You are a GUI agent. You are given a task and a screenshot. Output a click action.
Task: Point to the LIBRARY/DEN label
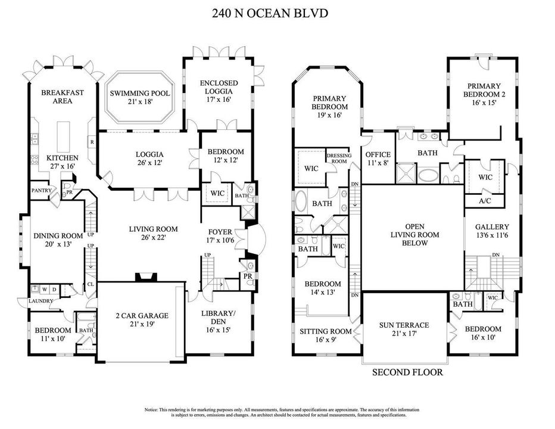[x=219, y=317]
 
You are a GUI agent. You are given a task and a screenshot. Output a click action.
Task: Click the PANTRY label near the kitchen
[x=42, y=191]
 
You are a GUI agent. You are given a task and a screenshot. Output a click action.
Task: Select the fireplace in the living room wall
[x=146, y=276]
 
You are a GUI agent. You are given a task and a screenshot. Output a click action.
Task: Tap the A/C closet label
[x=485, y=201]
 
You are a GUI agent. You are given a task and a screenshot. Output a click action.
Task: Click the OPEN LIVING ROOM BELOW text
[x=414, y=235]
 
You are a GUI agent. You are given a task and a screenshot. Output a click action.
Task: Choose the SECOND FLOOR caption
[x=407, y=373]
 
